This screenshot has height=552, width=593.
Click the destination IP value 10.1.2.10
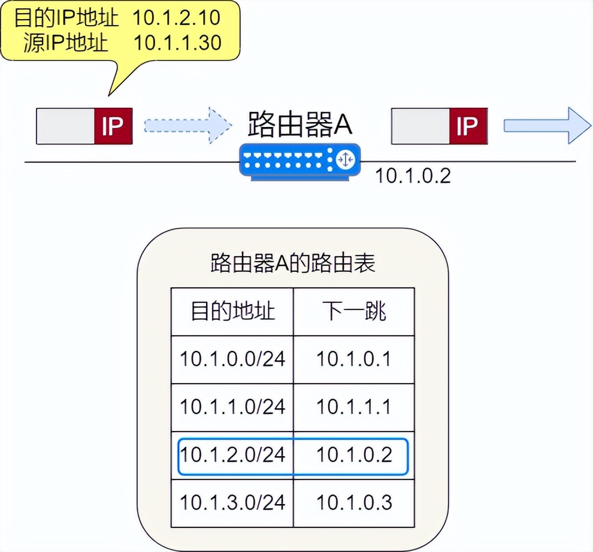(x=176, y=17)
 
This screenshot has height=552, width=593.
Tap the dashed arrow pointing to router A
(x=187, y=126)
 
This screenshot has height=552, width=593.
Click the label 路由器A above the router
(x=300, y=125)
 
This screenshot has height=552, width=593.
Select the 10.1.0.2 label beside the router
(x=413, y=176)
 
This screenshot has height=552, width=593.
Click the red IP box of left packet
(x=113, y=126)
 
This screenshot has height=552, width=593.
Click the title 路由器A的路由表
(x=293, y=263)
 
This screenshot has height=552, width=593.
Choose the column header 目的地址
(x=232, y=311)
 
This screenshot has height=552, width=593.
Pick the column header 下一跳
(x=354, y=311)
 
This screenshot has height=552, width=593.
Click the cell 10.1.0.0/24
(x=232, y=359)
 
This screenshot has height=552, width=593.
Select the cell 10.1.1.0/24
(x=232, y=407)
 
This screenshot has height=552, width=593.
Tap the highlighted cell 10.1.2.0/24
(x=232, y=455)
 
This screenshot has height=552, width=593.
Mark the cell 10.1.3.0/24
(x=232, y=502)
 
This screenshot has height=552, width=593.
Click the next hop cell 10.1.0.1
(x=354, y=359)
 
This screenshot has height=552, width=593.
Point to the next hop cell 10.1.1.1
(x=354, y=407)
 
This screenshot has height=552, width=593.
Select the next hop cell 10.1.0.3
(x=354, y=502)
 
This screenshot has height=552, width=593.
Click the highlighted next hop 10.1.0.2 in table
(x=354, y=455)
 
